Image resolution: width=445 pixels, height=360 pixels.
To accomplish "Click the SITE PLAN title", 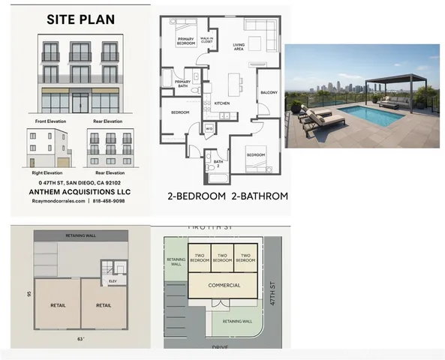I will pyautogui.click(x=81, y=20).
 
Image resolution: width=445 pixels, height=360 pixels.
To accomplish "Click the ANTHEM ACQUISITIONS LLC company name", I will pyautogui.click(x=80, y=191).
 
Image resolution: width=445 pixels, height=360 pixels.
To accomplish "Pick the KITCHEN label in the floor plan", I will pyautogui.click(x=223, y=103).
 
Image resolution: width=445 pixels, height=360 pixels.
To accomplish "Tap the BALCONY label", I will pyautogui.click(x=269, y=93).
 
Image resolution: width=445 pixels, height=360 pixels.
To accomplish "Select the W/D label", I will pyautogui.click(x=209, y=128).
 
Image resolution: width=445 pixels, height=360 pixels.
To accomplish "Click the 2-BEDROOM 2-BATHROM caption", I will pyautogui.click(x=227, y=196).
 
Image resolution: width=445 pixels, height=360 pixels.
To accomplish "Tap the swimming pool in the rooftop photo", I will pyautogui.click(x=363, y=115).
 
